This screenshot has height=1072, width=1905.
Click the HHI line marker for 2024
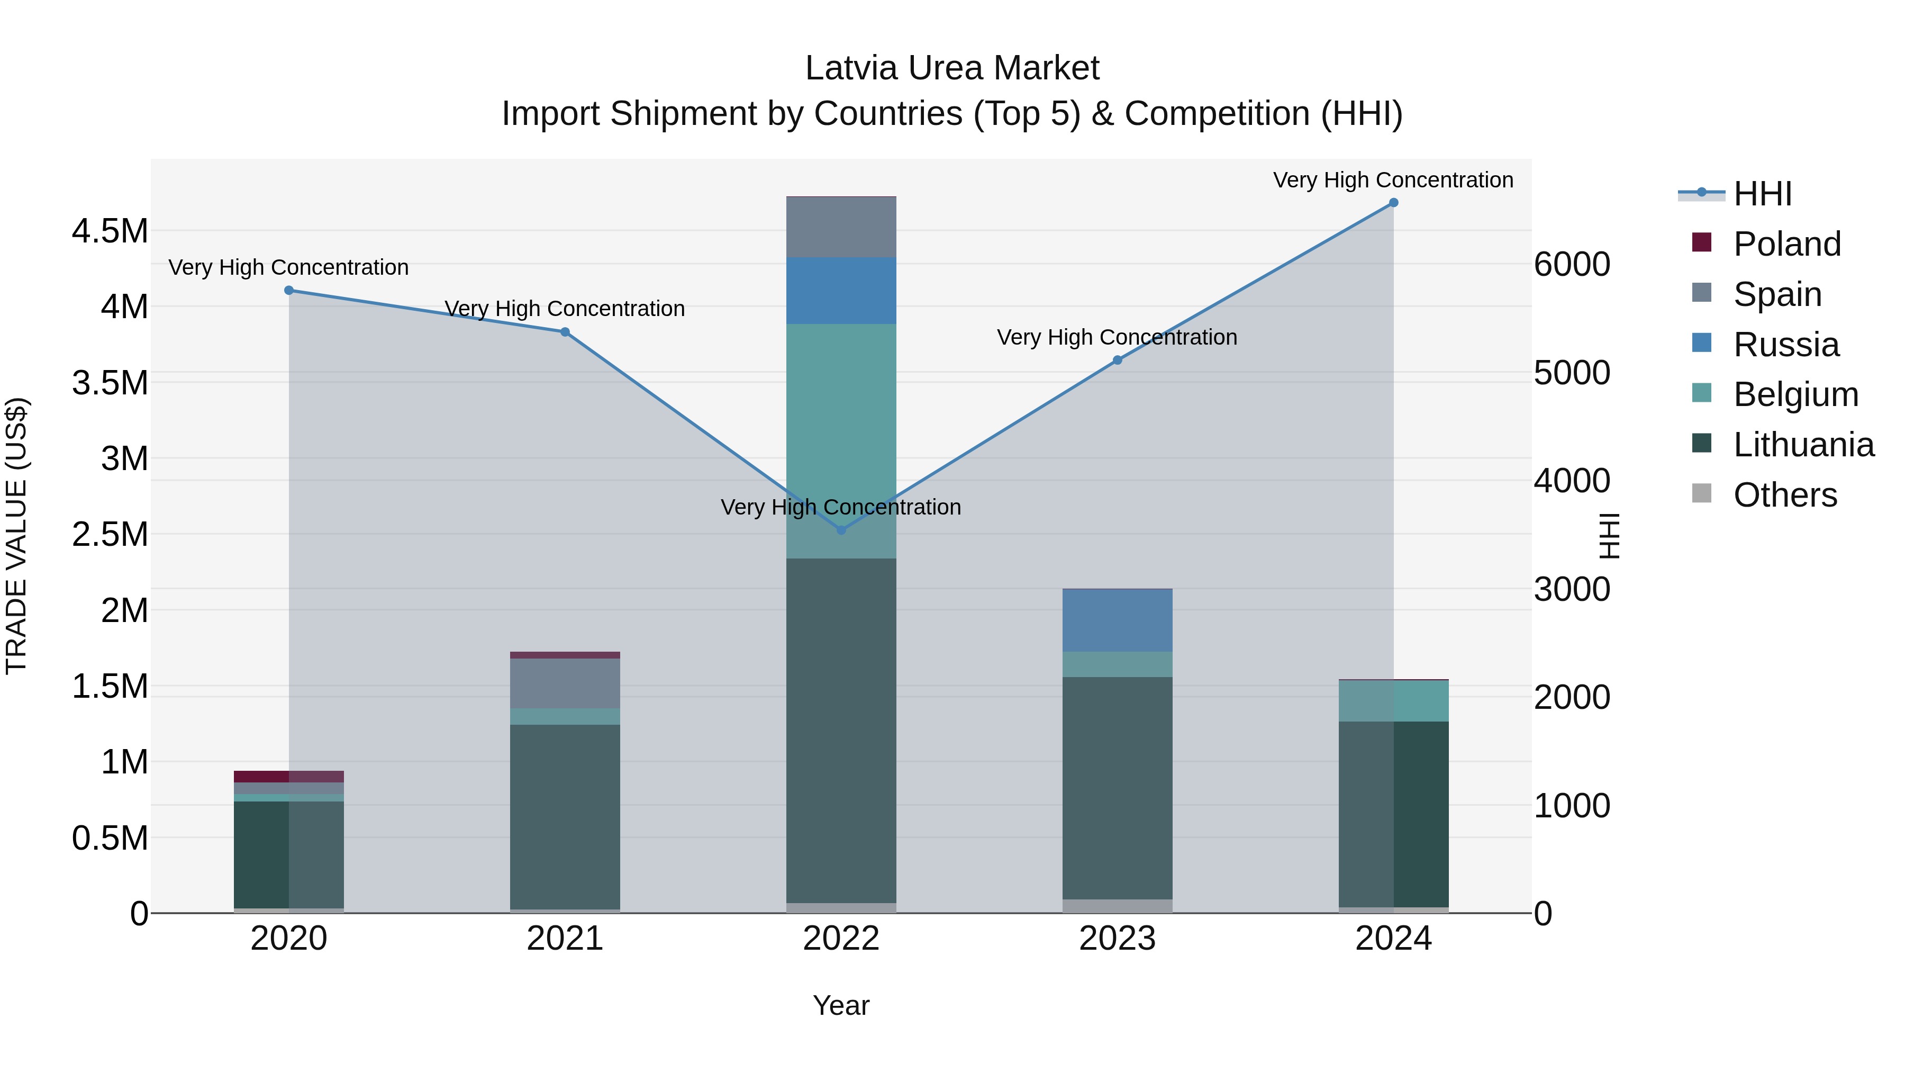point(1393,203)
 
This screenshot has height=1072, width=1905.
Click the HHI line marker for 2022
point(841,530)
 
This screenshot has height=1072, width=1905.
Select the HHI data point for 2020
point(289,290)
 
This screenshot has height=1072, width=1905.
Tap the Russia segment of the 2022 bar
point(841,291)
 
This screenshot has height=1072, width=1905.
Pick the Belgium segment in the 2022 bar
point(841,440)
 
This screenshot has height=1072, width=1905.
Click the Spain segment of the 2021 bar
point(565,683)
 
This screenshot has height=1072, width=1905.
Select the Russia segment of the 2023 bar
point(1118,620)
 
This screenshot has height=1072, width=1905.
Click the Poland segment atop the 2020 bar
point(288,776)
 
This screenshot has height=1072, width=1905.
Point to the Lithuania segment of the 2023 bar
point(1118,788)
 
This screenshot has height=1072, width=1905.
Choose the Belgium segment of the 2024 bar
point(1393,700)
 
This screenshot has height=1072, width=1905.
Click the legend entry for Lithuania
point(1803,445)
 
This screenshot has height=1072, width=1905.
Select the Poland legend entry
point(1786,244)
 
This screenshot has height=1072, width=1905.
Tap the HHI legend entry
point(1762,194)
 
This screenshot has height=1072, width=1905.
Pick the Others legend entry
point(1784,495)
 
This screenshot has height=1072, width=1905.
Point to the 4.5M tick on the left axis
point(110,231)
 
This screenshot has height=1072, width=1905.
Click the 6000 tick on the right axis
point(1572,264)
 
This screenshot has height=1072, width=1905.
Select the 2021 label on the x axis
point(565,938)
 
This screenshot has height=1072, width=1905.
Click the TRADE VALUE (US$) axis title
point(16,536)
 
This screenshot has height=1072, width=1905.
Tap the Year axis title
point(841,1005)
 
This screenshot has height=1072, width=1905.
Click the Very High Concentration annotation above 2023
point(1117,337)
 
